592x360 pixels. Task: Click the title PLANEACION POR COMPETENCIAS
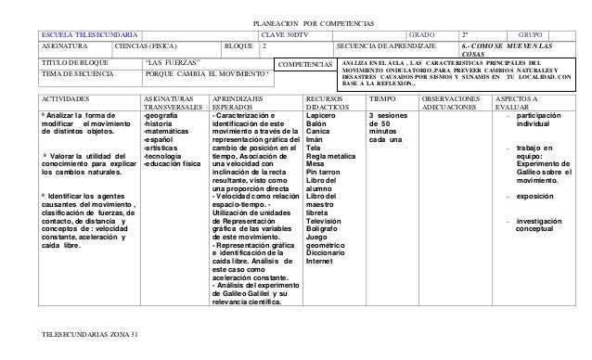coord(295,20)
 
